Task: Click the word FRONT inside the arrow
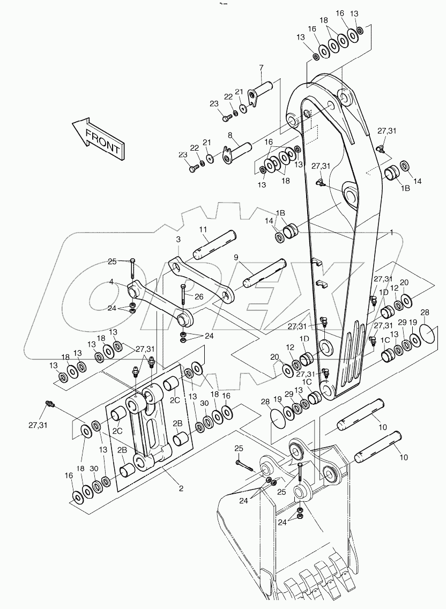click(102, 139)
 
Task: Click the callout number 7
click(261, 68)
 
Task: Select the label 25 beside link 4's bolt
click(112, 262)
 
